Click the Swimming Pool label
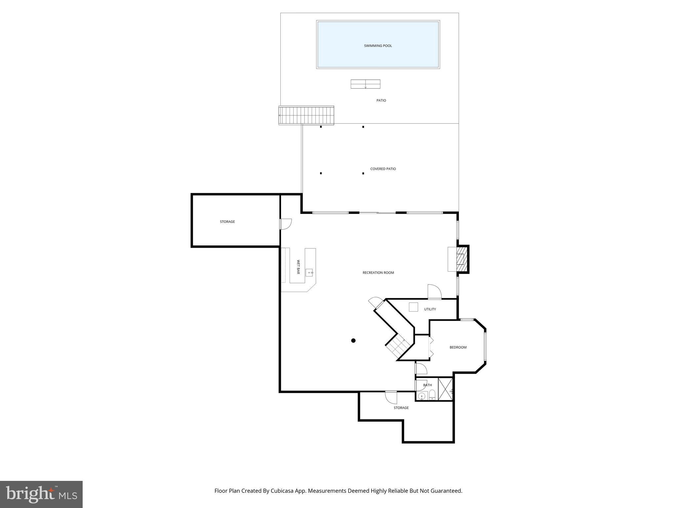point(378,46)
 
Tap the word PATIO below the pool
point(381,101)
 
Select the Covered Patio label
point(383,169)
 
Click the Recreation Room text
point(378,273)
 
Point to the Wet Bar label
point(298,267)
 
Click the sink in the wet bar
point(309,273)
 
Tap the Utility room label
point(430,309)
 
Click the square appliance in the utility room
point(413,307)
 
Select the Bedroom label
point(458,347)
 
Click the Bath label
point(427,385)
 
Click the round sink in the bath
point(421,396)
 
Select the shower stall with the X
point(445,389)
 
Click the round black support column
point(353,341)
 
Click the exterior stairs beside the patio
point(306,115)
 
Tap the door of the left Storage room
point(286,224)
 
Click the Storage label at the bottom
point(401,408)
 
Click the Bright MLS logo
point(41,494)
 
